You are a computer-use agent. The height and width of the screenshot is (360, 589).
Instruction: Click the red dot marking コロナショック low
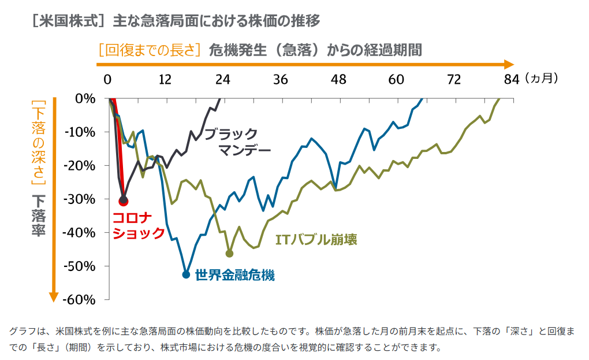click(123, 201)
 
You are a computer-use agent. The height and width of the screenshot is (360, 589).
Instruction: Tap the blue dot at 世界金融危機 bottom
click(186, 274)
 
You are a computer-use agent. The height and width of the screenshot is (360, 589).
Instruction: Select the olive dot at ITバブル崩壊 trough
click(229, 254)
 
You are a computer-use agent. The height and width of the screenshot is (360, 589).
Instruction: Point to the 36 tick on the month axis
click(281, 79)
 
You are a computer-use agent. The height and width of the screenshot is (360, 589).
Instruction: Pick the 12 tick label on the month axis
click(165, 79)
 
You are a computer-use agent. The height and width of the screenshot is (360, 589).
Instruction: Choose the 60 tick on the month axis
click(396, 79)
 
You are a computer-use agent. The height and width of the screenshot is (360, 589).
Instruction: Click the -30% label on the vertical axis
click(82, 199)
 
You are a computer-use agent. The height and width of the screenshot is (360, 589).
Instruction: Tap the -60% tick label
click(82, 299)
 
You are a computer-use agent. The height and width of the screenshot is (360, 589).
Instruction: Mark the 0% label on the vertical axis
click(85, 99)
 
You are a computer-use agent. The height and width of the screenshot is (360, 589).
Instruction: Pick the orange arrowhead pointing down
click(53, 296)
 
